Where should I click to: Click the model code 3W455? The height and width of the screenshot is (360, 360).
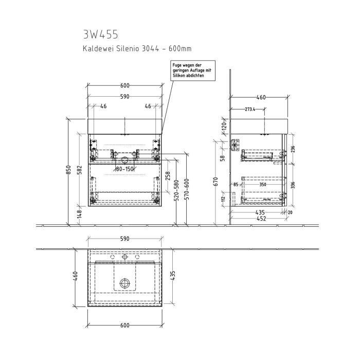[x=100, y=34]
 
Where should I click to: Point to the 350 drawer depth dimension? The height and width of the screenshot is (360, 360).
[x=263, y=184]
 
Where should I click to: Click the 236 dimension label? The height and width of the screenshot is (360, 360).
[x=292, y=149]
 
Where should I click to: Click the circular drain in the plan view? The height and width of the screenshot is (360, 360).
[x=124, y=282]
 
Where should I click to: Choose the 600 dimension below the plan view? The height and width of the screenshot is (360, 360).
[x=124, y=326]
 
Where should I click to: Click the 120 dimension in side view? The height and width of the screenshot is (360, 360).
[x=224, y=125]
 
